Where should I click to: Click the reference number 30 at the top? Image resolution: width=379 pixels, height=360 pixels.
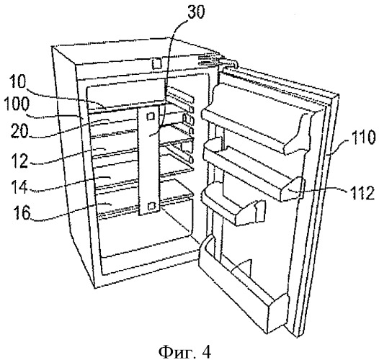pyautogui.click(x=196, y=12)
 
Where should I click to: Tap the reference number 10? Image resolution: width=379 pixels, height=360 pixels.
pyautogui.click(x=17, y=81)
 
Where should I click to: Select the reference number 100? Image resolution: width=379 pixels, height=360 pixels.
pyautogui.click(x=17, y=104)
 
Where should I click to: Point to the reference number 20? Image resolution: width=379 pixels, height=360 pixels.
pyautogui.click(x=19, y=131)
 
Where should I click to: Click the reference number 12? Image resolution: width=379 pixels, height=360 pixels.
pyautogui.click(x=20, y=160)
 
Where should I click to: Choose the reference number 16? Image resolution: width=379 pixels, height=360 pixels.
pyautogui.click(x=22, y=212)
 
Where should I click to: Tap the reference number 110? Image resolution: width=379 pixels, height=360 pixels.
pyautogui.click(x=363, y=137)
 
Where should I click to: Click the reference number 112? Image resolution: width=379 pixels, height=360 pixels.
pyautogui.click(x=362, y=192)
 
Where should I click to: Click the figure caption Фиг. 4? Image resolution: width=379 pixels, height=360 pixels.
pyautogui.click(x=184, y=352)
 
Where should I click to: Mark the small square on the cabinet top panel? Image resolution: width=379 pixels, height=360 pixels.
pyautogui.click(x=157, y=63)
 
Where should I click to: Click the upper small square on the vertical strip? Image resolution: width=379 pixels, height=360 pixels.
pyautogui.click(x=151, y=117)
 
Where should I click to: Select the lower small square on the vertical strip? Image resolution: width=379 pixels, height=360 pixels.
pyautogui.click(x=151, y=206)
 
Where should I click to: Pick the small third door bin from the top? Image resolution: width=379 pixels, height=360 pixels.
pyautogui.click(x=233, y=205)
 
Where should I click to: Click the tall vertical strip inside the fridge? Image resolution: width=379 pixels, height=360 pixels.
pyautogui.click(x=148, y=161)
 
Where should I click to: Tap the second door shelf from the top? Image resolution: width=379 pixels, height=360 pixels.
pyautogui.click(x=254, y=169)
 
